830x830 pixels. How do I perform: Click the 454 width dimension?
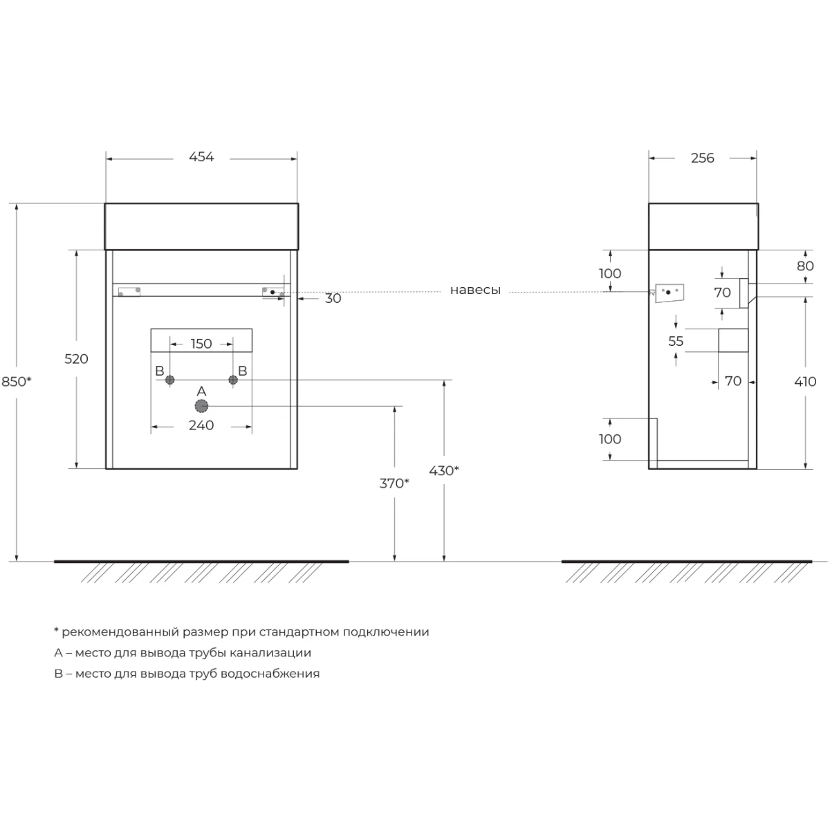[x=201, y=157]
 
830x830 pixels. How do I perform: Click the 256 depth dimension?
[x=702, y=158]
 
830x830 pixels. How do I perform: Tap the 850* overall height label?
[x=17, y=382]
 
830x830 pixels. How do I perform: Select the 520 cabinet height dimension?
[x=76, y=359]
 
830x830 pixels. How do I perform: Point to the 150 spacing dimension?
[x=201, y=344]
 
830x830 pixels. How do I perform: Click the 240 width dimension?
[x=201, y=425]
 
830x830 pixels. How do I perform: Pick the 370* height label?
[x=394, y=483]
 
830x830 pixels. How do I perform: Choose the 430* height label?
[x=443, y=471]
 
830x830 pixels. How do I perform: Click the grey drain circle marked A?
[x=201, y=406]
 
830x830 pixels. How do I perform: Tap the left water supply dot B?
[x=169, y=380]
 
